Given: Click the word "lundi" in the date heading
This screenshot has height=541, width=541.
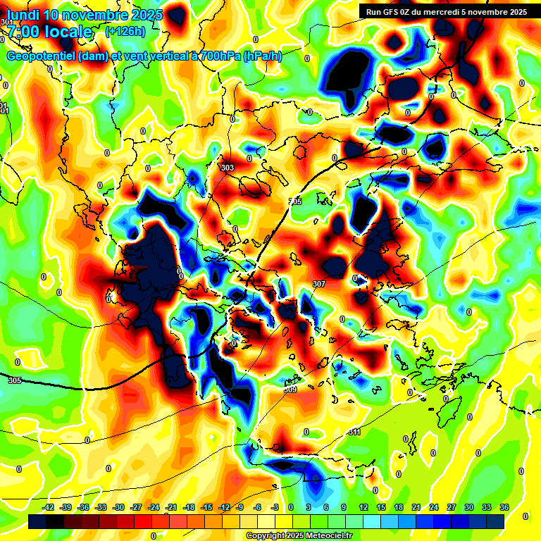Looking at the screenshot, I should click(x=22, y=15).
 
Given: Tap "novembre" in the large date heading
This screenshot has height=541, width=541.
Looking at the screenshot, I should click(x=96, y=15).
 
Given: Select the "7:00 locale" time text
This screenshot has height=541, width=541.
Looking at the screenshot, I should click(x=49, y=32).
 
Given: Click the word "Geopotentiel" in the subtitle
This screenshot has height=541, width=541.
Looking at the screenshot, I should click(x=42, y=56).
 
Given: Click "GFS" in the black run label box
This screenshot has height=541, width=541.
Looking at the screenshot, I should click(x=395, y=12).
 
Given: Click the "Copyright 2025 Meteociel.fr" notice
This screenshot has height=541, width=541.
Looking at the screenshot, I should click(x=299, y=536).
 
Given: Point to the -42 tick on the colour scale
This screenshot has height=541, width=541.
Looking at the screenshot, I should click(x=49, y=508).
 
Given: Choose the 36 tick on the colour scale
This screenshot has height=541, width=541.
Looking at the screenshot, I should click(x=504, y=508).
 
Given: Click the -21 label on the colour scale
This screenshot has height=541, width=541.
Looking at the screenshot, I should click(x=171, y=508).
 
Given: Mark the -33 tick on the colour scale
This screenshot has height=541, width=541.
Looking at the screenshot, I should click(x=101, y=508).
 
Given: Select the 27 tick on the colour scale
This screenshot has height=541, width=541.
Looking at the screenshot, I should click(x=451, y=508).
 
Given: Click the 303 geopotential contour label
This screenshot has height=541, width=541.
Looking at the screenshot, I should click(x=227, y=168).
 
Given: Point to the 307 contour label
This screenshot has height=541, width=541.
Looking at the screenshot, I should click(x=318, y=284).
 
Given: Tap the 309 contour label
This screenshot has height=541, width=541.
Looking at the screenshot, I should click(x=290, y=389).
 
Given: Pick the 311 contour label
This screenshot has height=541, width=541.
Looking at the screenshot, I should click(x=354, y=432).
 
